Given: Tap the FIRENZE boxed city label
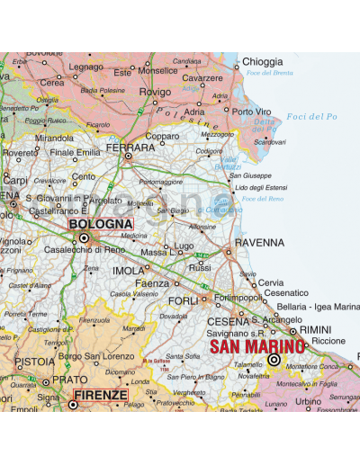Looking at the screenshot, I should click(x=100, y=394).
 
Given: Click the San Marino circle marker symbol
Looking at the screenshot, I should click(x=274, y=360).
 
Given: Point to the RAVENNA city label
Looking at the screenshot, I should click(x=259, y=243).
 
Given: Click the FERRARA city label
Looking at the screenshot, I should click(x=130, y=147).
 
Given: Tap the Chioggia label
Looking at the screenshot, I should click(x=262, y=62).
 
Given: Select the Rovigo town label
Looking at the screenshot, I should click(x=155, y=92).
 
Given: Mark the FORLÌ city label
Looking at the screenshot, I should click(x=184, y=300).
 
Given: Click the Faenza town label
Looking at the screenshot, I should click(x=152, y=283).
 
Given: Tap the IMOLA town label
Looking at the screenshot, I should click(x=128, y=271).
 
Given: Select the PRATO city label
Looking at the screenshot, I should click(x=69, y=380).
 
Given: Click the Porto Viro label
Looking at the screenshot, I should click(x=251, y=112).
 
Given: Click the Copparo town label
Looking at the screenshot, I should click(x=162, y=137).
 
